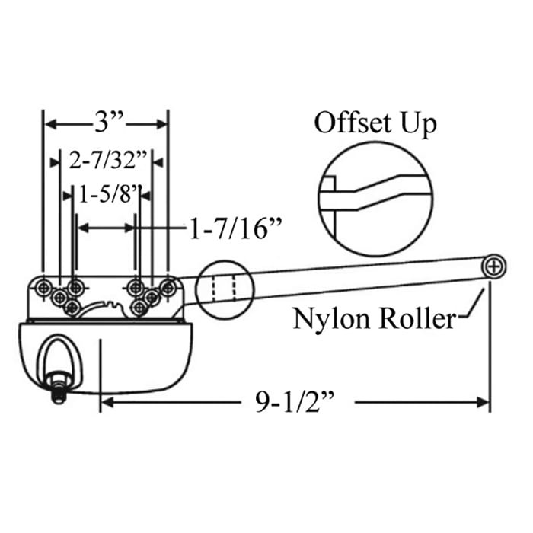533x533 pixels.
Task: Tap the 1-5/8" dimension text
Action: [107, 194]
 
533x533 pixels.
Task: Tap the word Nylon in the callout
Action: [327, 318]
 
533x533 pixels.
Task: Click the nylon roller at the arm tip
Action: [494, 266]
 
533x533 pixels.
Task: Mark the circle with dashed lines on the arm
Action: [225, 289]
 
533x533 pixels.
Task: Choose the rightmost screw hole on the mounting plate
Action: [168, 287]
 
